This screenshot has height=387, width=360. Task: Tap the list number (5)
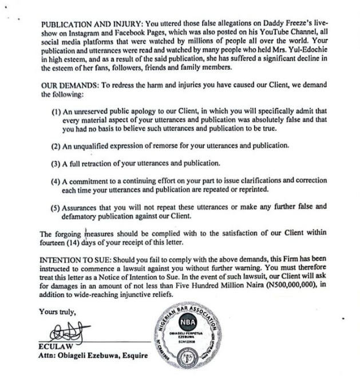[x=57, y=207]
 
